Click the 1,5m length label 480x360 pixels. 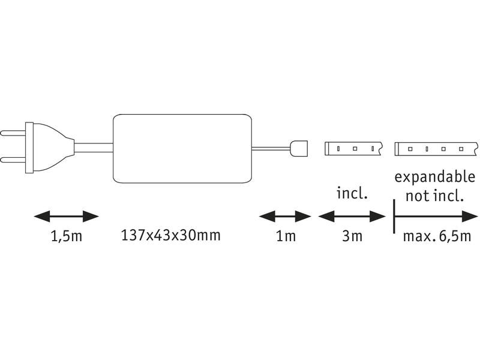coord(65,236)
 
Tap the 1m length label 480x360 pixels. coord(286,236)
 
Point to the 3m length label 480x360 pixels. coord(352,236)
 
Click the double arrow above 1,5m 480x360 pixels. coord(65,216)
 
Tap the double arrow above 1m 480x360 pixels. coord(286,216)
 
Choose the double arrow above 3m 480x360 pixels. coord(352,216)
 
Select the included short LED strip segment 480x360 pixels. coord(353,148)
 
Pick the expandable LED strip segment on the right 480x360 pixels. coord(435,148)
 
